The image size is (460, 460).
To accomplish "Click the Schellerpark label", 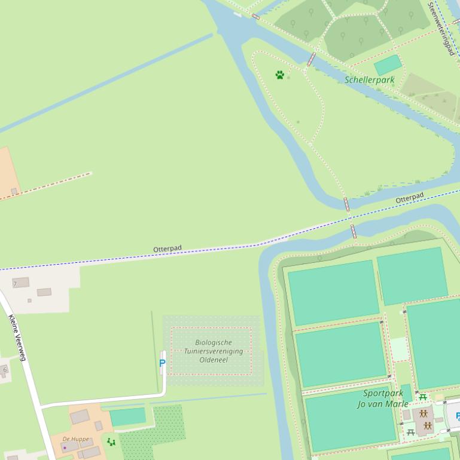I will (369, 79).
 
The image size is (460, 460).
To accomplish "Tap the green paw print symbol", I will (279, 75).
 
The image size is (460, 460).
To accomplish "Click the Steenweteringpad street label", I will (441, 28).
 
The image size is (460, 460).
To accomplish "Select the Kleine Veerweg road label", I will (17, 338).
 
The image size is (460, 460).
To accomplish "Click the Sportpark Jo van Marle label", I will (383, 398).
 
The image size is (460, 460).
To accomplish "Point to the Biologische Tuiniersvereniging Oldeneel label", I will (213, 351).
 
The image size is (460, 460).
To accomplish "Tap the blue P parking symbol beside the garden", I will (162, 363).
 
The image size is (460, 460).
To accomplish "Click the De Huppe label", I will (75, 439).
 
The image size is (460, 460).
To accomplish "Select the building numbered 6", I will (5, 370).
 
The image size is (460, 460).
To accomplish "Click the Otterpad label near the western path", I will (167, 249).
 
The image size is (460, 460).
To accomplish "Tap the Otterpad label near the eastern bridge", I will (410, 197).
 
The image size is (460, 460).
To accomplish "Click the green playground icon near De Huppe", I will (111, 442).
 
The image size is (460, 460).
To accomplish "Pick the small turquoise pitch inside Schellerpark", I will (388, 65).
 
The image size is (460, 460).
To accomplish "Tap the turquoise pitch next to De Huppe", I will (127, 416).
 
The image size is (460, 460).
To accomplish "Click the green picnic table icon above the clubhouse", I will (423, 397).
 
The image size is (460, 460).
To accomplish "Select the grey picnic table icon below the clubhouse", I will (411, 432).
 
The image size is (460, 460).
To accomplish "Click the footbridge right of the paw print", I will (311, 59).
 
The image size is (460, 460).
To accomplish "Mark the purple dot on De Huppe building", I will (65, 447).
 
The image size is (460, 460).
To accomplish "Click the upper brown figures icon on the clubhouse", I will (424, 413).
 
